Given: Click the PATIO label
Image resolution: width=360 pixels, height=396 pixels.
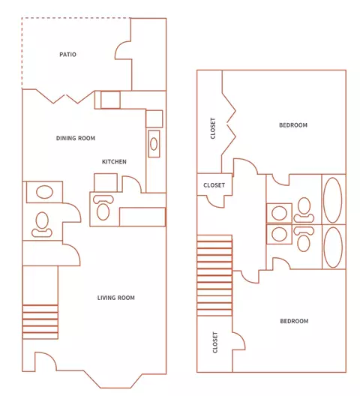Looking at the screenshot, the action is pos(67,54).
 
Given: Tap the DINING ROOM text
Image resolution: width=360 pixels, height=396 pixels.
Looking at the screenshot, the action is pos(76,138).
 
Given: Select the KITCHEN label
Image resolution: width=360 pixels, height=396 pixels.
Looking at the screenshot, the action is pos(114,162).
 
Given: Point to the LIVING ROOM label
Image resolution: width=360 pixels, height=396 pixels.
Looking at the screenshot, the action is pos(116,298).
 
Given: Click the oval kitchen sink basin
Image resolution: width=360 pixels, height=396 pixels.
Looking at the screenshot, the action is pos(154,144).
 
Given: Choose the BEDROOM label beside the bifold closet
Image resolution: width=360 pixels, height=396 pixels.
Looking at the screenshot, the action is pos(293,125).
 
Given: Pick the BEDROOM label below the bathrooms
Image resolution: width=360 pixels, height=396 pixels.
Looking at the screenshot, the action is pos(294,321).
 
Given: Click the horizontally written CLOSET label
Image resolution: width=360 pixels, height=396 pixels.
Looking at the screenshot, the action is pos(214,185).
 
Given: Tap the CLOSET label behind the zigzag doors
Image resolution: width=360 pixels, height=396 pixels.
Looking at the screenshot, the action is pos(213,128).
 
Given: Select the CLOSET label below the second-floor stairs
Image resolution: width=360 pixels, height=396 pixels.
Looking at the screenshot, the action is pos(215,343).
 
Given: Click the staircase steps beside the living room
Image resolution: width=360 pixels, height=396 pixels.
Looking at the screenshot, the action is pos(40,322).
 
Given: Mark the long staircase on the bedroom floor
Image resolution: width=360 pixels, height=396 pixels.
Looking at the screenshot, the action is pos(214,275).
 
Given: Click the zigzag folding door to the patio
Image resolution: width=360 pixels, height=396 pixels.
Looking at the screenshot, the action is pos(65,97).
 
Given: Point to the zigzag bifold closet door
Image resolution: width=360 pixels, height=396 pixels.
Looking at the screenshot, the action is pos(229,124).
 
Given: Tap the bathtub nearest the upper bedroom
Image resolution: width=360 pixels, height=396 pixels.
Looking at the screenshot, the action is pos(333,200).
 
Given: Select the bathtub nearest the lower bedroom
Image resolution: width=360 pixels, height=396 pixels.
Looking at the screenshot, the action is pos(333,247).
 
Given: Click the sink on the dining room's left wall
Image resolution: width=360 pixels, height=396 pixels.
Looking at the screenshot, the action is pos(44,192).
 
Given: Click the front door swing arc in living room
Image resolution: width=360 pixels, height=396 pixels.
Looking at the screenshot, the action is pos(46,358).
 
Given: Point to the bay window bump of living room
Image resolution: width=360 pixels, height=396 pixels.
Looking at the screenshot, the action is pos(112,379).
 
